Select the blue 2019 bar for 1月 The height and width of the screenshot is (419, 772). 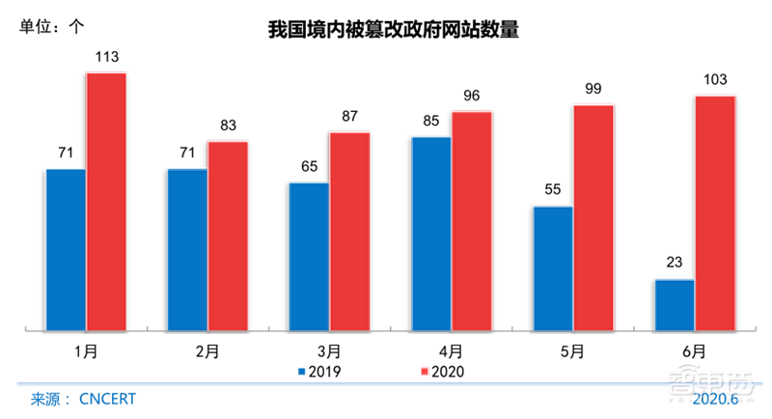(x=66, y=250)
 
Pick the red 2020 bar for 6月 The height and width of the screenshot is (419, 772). (x=715, y=213)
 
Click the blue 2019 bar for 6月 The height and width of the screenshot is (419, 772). (x=675, y=305)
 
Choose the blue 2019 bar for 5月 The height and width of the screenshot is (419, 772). (x=553, y=268)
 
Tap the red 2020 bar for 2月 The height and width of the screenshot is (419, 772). (x=228, y=236)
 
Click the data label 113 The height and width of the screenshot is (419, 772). (x=106, y=58)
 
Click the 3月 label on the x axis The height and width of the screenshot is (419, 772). (x=328, y=351)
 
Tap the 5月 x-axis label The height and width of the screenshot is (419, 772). (x=572, y=351)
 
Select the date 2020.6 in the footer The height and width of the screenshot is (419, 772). (x=714, y=399)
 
